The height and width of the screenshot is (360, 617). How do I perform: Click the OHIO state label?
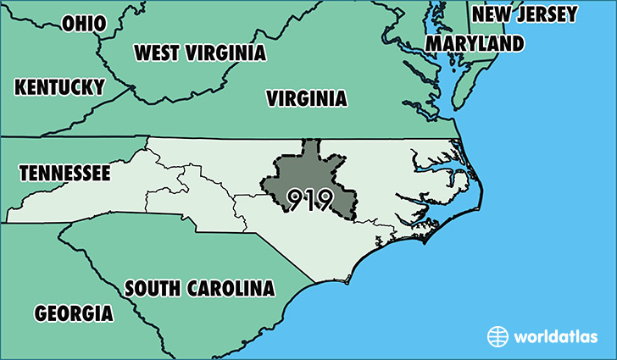[x=85, y=23]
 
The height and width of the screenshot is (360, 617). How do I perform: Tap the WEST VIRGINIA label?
[x=200, y=53]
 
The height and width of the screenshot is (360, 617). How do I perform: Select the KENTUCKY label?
[x=59, y=86]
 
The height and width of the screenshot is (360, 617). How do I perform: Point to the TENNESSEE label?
[x=65, y=174]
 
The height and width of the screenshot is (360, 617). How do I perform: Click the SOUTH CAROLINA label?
[x=200, y=288]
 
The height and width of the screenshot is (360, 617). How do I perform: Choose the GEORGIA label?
[x=74, y=313]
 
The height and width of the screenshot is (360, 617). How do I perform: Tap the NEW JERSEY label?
[x=525, y=14]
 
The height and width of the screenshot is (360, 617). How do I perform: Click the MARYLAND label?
[x=474, y=43]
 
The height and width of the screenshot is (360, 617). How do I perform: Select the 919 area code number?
[x=308, y=199]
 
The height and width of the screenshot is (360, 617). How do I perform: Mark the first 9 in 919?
[x=296, y=199]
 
